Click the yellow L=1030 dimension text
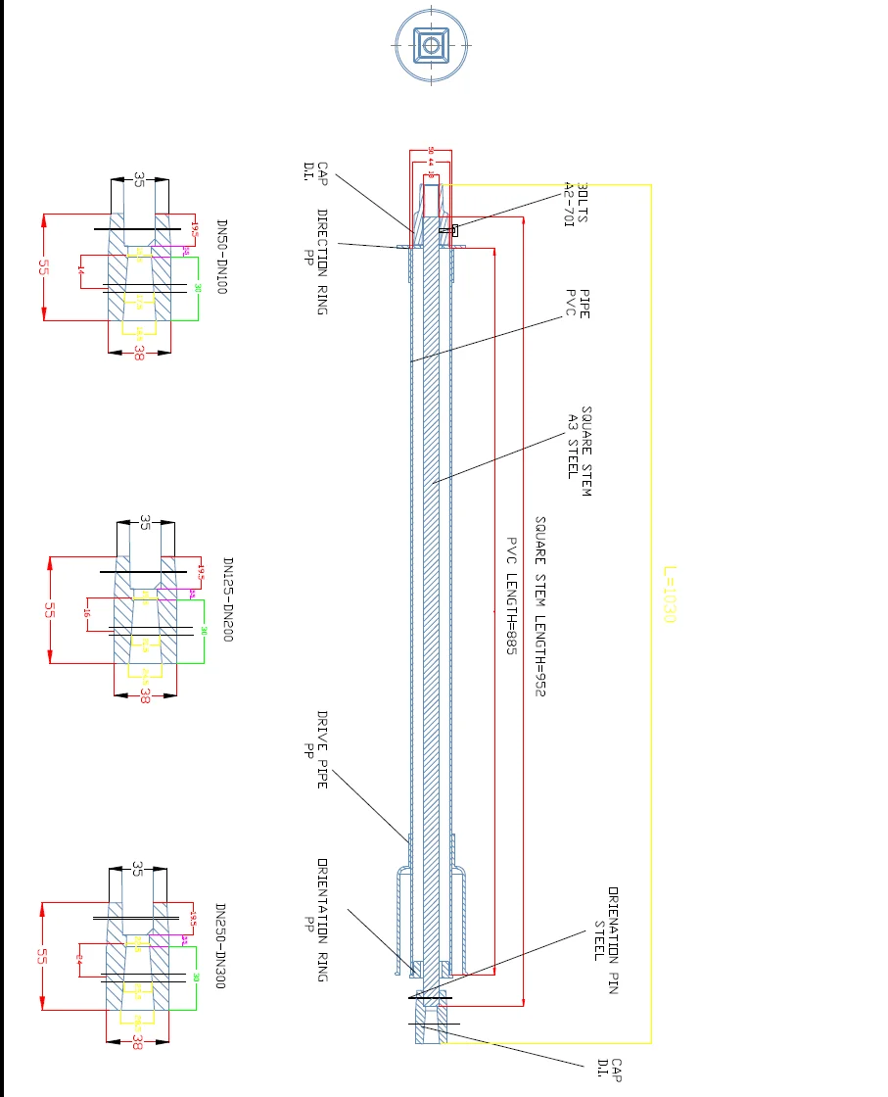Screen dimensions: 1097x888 [670, 593]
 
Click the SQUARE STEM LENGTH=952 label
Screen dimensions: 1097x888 [539, 606]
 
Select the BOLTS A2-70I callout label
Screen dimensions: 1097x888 [576, 203]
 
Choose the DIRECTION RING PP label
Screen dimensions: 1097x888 [315, 261]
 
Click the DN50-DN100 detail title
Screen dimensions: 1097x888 [220, 257]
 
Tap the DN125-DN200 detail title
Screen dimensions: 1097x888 [227, 599]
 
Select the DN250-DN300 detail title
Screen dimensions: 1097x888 [220, 945]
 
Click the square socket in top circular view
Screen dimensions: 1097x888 [432, 44]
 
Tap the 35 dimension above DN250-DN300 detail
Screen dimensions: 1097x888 [137, 869]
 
